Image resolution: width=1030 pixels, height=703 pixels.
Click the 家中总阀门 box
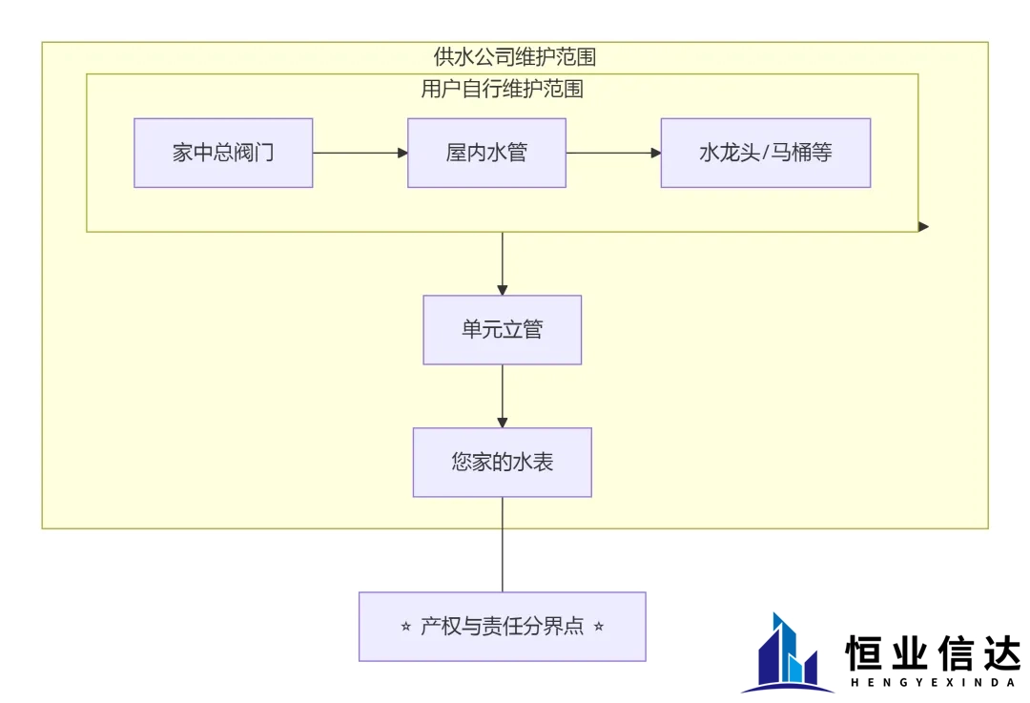(223, 153)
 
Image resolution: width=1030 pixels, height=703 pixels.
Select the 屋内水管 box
(486, 153)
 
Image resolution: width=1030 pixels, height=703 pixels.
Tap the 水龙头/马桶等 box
(765, 153)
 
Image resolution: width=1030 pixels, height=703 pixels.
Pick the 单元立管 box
(502, 330)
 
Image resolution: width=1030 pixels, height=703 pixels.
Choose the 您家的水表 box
(502, 463)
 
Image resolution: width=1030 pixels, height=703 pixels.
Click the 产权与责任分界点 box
(502, 627)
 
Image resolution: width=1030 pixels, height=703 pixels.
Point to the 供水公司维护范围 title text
(514, 57)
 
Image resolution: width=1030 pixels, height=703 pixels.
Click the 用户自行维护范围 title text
(502, 90)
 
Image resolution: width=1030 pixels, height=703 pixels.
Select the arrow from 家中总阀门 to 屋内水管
(360, 153)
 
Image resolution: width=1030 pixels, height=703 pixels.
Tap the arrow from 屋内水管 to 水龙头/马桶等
(613, 153)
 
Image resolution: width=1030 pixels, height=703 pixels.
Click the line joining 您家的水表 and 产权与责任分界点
(502, 544)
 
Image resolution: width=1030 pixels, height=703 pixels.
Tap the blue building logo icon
(788, 653)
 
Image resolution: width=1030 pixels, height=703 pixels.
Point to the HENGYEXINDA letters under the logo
(932, 682)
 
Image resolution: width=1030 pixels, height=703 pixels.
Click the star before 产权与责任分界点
(407, 628)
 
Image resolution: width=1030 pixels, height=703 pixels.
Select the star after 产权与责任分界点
(599, 628)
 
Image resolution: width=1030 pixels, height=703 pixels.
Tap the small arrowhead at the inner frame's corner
(923, 226)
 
